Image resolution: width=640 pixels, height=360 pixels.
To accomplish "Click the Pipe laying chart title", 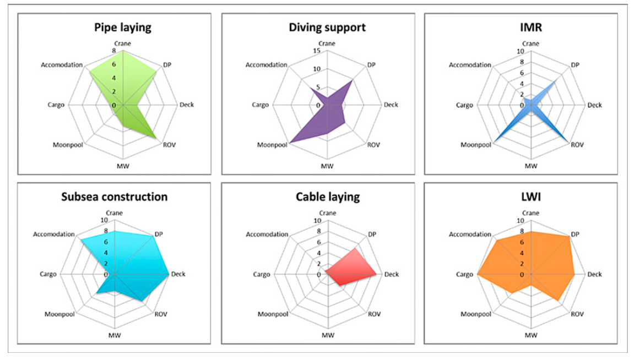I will [x=122, y=26].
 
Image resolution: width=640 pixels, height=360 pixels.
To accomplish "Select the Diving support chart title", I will [x=327, y=26].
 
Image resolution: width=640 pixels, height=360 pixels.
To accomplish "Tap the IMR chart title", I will [x=531, y=26].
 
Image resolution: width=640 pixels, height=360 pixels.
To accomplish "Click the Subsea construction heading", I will [x=114, y=196].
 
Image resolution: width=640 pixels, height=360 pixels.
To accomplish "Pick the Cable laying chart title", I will [x=327, y=196].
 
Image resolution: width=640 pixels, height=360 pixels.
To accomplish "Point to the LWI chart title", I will [x=531, y=196].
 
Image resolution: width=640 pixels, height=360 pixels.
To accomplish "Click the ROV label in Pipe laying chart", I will [x=170, y=145].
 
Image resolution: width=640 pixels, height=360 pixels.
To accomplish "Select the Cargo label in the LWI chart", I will [x=464, y=274].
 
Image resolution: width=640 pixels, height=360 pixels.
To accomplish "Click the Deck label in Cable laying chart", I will [x=390, y=274].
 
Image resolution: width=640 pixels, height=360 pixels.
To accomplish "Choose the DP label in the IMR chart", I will [x=575, y=65].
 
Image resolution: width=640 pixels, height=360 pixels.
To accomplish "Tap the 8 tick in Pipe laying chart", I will [x=114, y=51].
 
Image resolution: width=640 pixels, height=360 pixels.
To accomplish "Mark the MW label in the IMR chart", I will [x=531, y=165].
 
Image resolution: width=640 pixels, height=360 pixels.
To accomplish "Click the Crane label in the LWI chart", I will [x=531, y=213].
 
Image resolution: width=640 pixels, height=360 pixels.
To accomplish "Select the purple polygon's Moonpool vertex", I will [x=290, y=142].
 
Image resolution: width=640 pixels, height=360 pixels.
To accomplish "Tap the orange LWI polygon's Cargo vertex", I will [x=478, y=274].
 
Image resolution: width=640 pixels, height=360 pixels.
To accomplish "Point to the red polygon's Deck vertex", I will [x=377, y=274].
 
